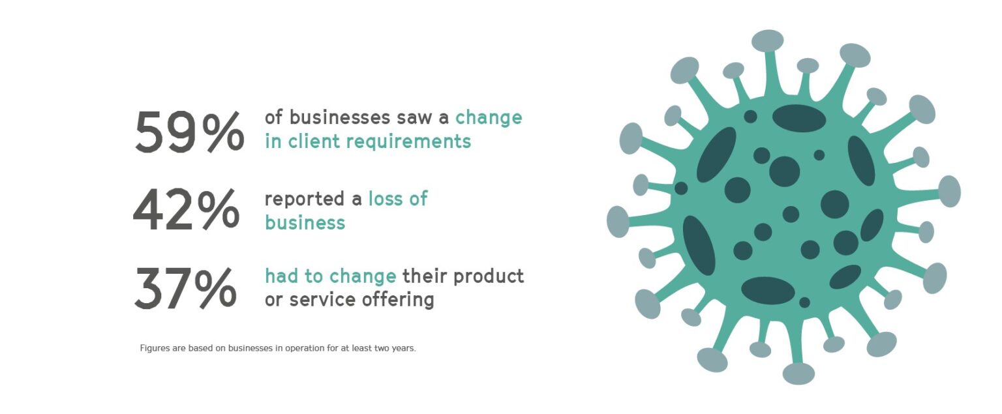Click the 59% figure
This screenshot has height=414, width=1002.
click(x=189, y=132)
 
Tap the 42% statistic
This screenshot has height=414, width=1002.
click(x=186, y=209)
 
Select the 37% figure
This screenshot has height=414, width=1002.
click(x=185, y=288)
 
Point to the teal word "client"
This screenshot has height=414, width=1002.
click(x=314, y=141)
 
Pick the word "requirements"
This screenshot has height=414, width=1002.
click(x=408, y=142)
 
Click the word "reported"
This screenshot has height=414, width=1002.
click(x=304, y=200)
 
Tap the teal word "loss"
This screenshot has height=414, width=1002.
click(x=385, y=198)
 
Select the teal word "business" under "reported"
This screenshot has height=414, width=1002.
click(x=305, y=222)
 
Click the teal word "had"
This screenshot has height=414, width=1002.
click(x=281, y=276)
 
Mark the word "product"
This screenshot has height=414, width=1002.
click(x=489, y=276)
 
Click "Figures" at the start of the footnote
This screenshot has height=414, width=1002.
click(x=155, y=348)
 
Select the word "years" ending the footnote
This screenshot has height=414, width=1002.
click(x=404, y=348)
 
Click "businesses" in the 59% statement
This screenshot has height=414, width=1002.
click(x=340, y=117)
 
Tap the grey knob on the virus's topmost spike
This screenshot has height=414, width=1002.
click(x=768, y=40)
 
